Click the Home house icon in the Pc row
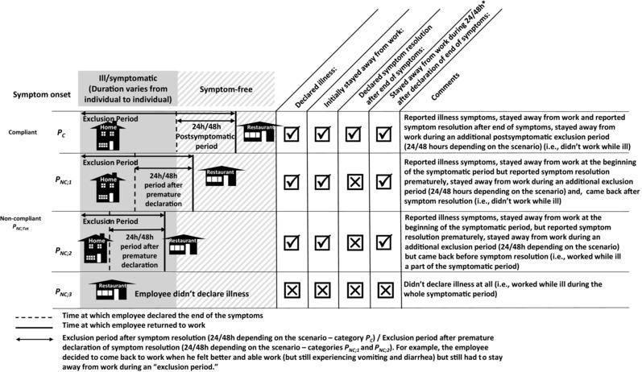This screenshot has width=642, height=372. (110, 137)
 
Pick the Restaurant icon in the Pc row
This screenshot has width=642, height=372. (259, 131)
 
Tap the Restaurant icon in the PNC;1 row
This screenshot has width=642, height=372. (221, 177)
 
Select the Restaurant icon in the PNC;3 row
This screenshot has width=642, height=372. (115, 289)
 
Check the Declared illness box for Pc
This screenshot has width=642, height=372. (292, 133)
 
